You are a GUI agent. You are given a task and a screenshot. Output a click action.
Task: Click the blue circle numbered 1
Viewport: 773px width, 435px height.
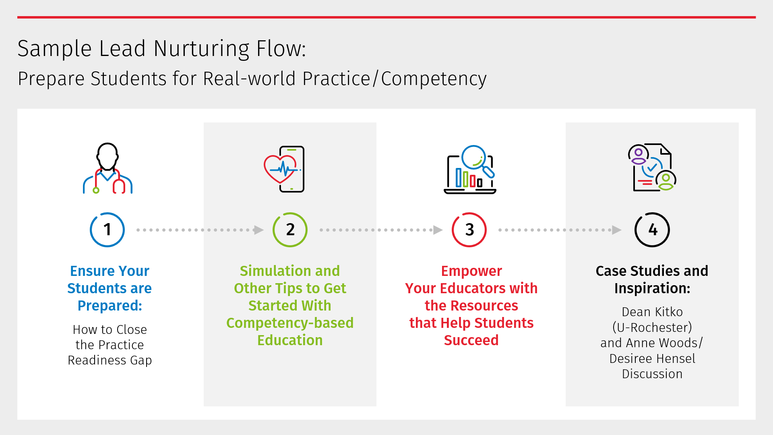click(91, 230)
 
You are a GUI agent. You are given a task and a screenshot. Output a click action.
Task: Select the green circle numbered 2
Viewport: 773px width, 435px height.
click(274, 230)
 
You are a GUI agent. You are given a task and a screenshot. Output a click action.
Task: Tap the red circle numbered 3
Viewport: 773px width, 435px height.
click(453, 230)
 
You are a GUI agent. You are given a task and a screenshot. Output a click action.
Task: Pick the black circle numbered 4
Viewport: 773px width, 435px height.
click(636, 230)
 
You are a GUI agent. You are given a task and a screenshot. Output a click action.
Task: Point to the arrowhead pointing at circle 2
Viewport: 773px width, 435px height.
click(259, 230)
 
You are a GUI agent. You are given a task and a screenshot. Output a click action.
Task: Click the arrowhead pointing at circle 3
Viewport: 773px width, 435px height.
click(438, 230)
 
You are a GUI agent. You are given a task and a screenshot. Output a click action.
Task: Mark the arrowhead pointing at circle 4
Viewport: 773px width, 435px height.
click(617, 230)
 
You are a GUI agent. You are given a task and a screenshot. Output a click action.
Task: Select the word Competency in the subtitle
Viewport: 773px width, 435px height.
click(434, 79)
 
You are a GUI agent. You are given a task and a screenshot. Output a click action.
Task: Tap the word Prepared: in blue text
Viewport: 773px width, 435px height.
click(110, 306)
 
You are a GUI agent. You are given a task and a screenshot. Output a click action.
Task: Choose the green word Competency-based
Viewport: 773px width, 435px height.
click(290, 323)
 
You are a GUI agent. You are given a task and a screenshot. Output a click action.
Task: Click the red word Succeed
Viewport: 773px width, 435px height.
click(471, 340)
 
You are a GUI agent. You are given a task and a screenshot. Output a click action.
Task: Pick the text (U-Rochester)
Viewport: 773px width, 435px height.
click(652, 327)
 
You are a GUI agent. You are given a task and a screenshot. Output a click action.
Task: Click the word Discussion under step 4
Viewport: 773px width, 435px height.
click(652, 374)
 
